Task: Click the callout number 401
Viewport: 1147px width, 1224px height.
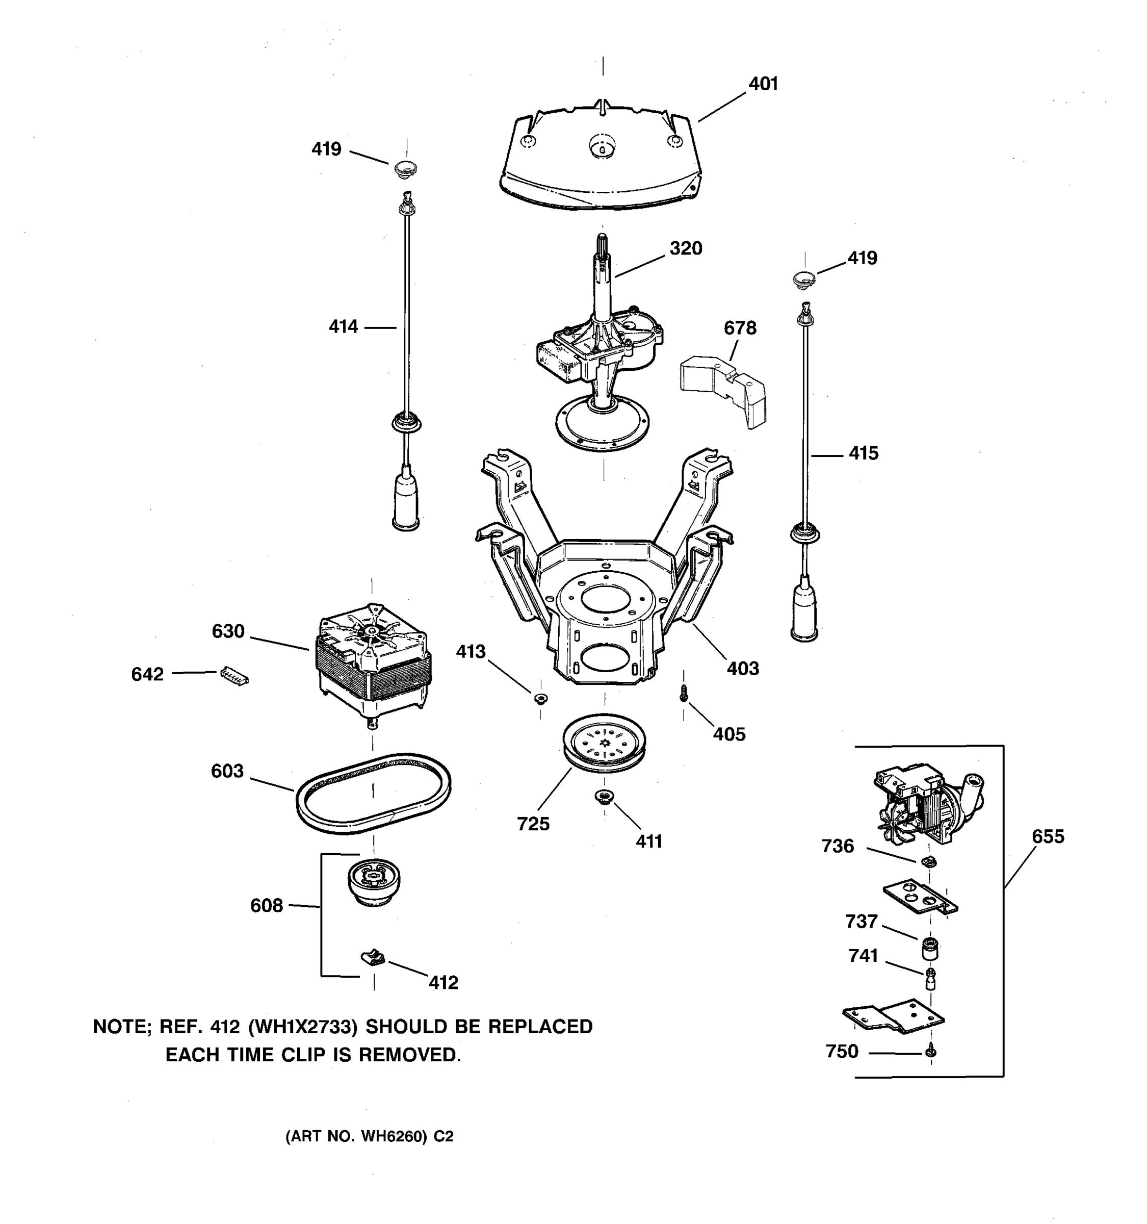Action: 763,84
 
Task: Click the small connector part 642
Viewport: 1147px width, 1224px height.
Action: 234,676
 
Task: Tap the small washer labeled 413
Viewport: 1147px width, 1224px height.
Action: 540,698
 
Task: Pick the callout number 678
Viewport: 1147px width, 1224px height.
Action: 740,328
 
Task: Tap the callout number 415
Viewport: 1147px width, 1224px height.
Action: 864,454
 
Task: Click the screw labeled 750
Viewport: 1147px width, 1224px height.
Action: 930,1052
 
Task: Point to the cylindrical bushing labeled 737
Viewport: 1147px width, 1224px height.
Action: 930,949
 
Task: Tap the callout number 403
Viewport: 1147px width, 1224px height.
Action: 742,669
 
